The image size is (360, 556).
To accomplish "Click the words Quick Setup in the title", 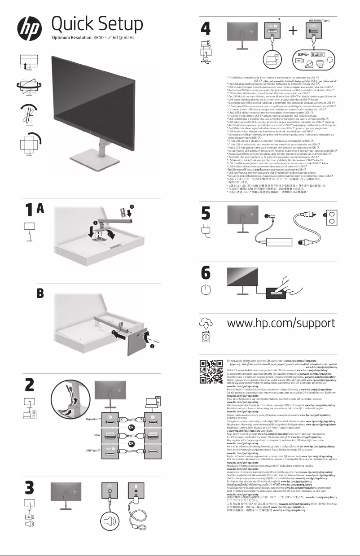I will (x=97, y=24).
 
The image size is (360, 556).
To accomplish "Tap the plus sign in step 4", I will (x=294, y=31).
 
